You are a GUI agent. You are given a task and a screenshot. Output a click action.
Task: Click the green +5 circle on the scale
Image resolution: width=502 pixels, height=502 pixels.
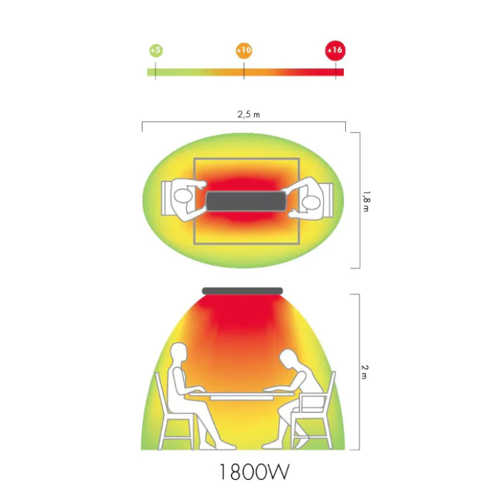point(156,51)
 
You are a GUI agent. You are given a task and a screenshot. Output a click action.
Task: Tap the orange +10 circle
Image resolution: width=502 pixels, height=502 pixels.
point(244,50)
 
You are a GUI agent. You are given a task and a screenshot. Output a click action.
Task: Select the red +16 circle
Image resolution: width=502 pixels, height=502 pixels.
point(335,50)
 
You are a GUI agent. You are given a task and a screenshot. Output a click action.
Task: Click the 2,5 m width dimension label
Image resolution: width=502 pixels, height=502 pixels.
point(248,114)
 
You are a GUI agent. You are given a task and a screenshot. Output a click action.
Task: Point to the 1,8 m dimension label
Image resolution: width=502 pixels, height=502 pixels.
point(366,201)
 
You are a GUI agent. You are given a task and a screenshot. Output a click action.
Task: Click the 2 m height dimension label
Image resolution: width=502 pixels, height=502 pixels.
point(365,372)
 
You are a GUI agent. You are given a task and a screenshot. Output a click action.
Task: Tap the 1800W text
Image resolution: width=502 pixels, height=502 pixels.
point(254,472)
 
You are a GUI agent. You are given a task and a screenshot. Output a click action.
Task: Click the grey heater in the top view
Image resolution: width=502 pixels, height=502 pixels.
point(246,201)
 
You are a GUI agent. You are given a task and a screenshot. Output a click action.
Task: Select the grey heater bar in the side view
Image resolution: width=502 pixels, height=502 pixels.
point(242,291)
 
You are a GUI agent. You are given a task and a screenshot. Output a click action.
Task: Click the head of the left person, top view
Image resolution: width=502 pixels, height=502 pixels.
point(183,196)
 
